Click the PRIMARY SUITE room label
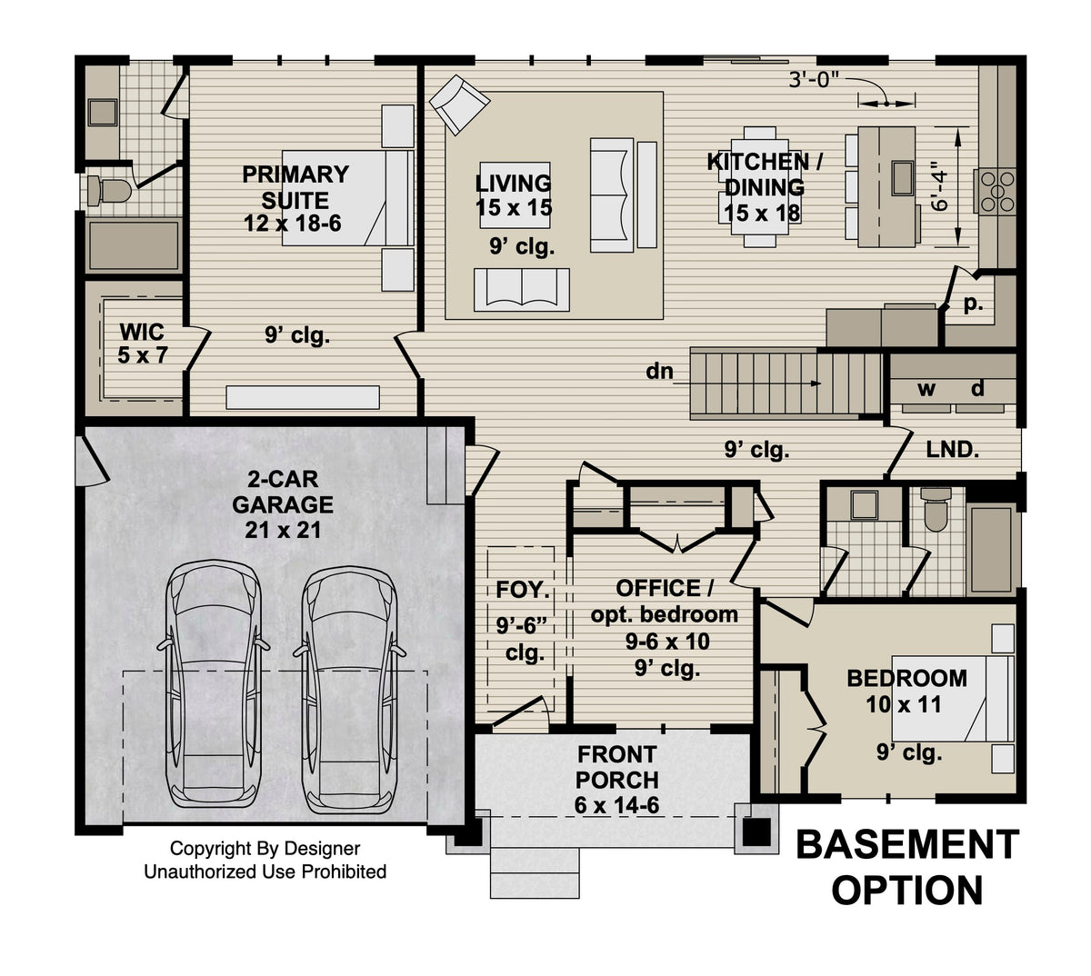[294, 198]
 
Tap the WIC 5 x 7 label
[142, 343]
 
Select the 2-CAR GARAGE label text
[282, 503]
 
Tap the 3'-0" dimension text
[819, 79]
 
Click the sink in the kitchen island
[902, 176]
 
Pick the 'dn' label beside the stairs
[659, 371]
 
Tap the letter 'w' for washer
[926, 389]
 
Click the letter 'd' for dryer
[977, 389]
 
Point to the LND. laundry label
[952, 449]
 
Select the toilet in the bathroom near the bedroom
[935, 511]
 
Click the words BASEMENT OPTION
[907, 867]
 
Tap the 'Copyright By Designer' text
[265, 849]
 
